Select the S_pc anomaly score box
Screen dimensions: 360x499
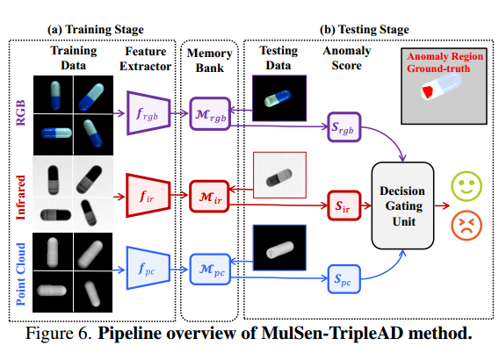[x=344, y=281]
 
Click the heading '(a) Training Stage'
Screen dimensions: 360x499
[x=95, y=30]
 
